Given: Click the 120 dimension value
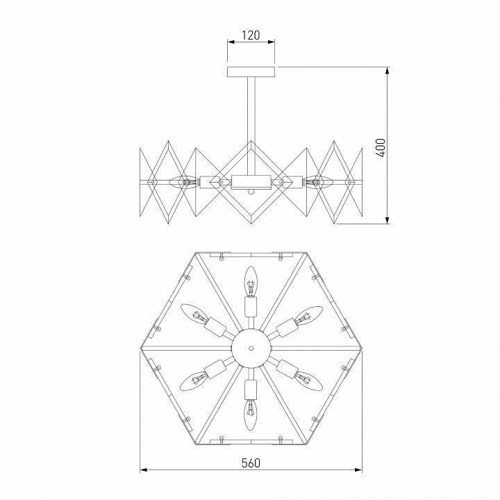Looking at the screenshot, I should [x=251, y=35].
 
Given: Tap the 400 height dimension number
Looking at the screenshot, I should [x=380, y=147].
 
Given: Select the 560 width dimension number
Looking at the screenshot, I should [x=251, y=463].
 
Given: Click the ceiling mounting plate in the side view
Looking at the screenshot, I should [x=251, y=71].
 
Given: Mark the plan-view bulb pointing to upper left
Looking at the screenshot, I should [x=195, y=316].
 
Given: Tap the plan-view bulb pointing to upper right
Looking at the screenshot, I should [x=307, y=316].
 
